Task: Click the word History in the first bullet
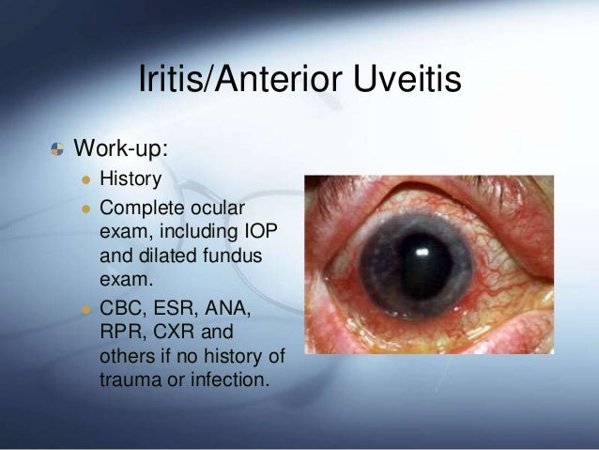(x=131, y=178)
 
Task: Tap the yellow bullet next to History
(x=86, y=179)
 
